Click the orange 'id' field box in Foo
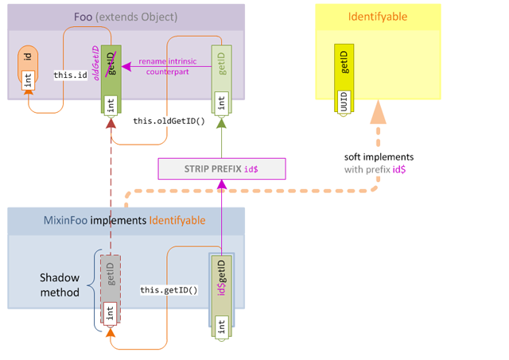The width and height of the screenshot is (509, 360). tap(27, 57)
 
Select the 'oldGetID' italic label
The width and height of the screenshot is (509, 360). tap(97, 63)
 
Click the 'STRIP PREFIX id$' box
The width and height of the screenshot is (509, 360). tap(221, 168)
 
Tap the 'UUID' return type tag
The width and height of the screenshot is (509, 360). tap(344, 103)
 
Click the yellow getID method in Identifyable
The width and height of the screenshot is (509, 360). tap(344, 64)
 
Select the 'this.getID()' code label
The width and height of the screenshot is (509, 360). tap(169, 290)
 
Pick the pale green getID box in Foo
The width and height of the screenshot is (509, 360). tap(222, 68)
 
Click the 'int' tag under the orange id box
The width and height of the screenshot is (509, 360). tap(28, 79)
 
